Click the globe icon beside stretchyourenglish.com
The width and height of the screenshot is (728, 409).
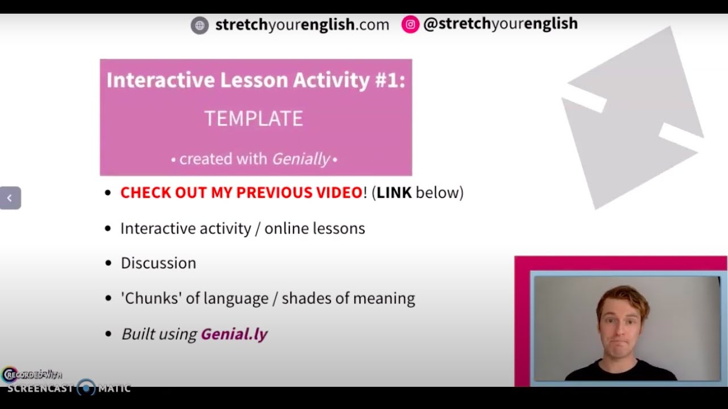200,25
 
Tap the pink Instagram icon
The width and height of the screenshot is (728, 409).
410,24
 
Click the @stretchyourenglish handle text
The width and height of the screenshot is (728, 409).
500,24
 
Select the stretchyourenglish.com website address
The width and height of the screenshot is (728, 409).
302,25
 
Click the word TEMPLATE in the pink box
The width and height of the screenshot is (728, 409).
254,119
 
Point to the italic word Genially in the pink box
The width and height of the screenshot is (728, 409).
300,159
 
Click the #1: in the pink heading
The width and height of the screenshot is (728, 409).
390,80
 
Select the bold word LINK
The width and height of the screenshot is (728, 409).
394,193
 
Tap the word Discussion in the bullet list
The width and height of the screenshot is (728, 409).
158,263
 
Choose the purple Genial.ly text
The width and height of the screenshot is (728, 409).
234,334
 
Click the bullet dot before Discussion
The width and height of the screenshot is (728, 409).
108,264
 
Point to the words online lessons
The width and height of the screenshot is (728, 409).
315,228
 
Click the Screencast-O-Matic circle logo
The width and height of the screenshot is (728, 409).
86,388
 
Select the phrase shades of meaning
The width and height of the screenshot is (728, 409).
348,298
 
